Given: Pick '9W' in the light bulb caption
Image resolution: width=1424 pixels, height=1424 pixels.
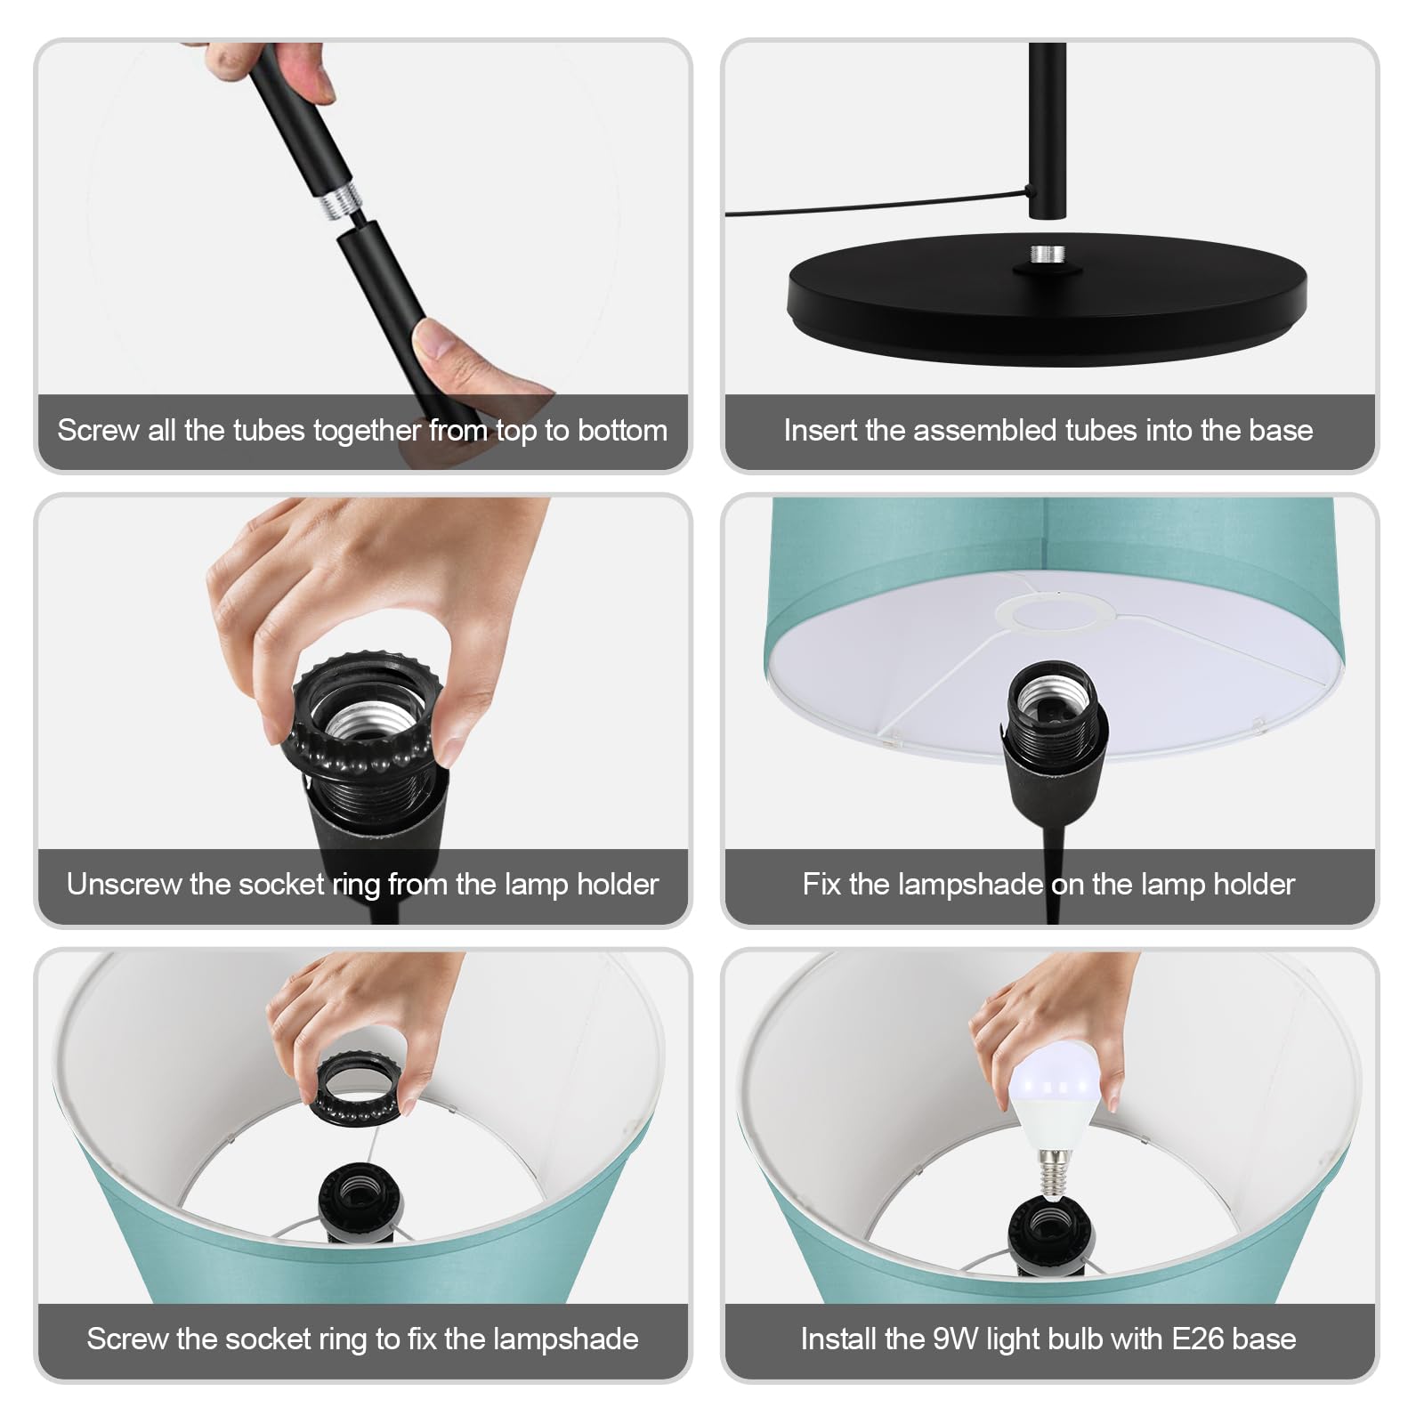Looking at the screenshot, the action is (x=956, y=1339).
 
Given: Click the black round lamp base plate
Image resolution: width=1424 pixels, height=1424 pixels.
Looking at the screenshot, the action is (x=1048, y=298).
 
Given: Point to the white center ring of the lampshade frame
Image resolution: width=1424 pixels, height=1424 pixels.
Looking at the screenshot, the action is (x=1055, y=613).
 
